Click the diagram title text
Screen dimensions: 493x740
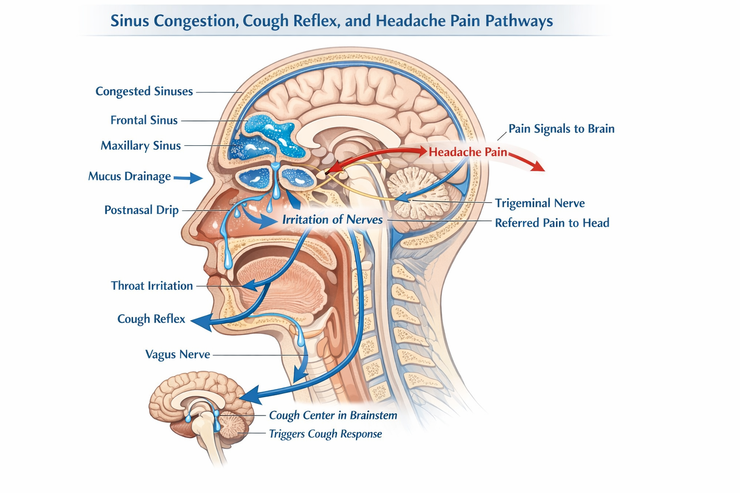pos(331,21)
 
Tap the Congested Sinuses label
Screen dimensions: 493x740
pos(144,91)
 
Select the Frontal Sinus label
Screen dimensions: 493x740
pos(144,120)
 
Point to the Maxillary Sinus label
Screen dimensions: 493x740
pos(141,146)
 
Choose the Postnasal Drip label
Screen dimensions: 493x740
pos(142,210)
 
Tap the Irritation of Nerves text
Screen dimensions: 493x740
pos(332,220)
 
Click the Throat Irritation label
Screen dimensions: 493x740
pos(152,286)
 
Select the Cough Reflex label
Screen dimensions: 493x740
pos(151,319)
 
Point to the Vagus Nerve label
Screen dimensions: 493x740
pos(178,355)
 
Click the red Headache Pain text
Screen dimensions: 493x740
pos(468,152)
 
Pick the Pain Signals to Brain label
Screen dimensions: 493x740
pos(561,129)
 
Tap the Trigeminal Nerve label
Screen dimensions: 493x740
pos(540,203)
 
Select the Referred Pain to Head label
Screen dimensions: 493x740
pos(552,223)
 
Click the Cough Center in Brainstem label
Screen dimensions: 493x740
pos(333,415)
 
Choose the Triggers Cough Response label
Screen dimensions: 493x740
pos(325,434)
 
